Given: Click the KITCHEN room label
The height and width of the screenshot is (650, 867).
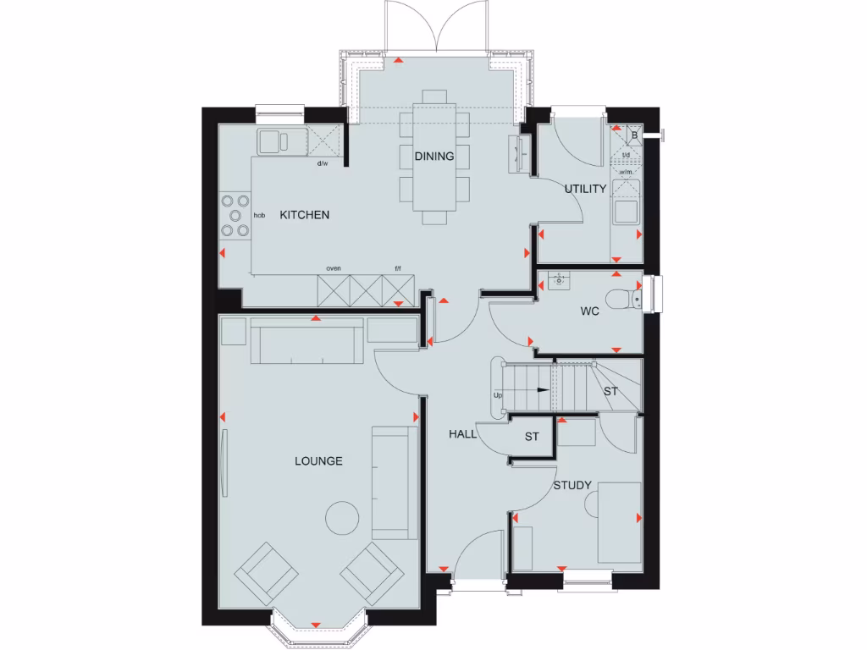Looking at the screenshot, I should tap(305, 215).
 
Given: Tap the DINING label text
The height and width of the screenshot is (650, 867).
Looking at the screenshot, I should tap(434, 156).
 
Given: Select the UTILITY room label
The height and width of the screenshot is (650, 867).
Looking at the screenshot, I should tap(586, 189).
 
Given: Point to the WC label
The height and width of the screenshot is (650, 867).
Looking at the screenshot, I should tap(589, 311).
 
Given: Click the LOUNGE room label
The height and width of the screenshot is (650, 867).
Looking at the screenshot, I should tap(318, 461).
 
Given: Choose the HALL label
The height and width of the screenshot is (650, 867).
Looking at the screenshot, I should tap(461, 434).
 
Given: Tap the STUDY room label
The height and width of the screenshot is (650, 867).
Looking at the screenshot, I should tap(572, 485).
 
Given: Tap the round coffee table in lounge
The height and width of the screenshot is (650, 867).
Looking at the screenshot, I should tap(344, 518).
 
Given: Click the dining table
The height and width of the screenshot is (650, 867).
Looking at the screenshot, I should tap(434, 157).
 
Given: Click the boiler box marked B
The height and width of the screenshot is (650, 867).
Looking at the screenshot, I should tap(633, 135).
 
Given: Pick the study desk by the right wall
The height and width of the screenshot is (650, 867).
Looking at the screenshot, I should tap(619, 522).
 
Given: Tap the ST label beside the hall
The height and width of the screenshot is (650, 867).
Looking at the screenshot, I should tap(532, 437).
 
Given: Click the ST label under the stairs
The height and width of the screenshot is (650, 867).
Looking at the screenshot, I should tap(610, 392).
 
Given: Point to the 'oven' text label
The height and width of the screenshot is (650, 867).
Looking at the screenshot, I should tap(334, 268).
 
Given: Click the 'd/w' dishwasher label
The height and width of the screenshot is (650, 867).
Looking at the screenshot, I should tap(323, 163).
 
